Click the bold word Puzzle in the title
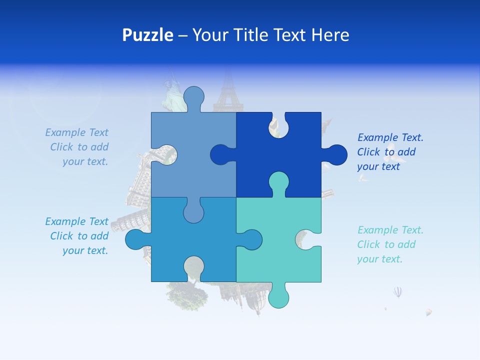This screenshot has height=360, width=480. (147, 35)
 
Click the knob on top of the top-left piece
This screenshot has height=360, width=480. (194, 97)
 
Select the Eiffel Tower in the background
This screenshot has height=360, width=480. (228, 92)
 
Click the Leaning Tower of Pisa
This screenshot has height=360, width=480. (120, 225)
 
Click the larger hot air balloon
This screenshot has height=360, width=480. (397, 292)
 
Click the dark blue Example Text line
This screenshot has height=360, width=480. (390, 137)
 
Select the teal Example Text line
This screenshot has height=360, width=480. (390, 230)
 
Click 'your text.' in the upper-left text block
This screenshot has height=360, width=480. (85, 161)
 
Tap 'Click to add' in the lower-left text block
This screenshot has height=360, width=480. (79, 236)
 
